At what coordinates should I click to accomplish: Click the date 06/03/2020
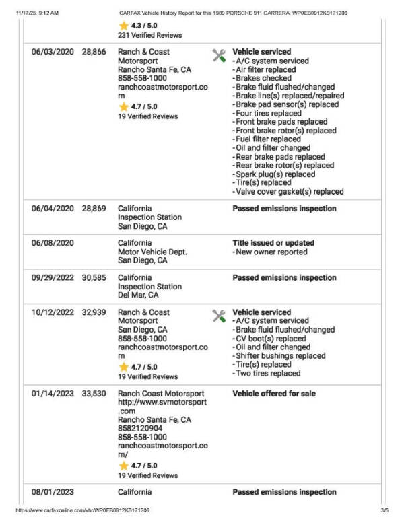tap(53, 52)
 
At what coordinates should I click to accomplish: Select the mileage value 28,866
tap(94, 52)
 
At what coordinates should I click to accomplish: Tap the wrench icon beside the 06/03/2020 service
tap(219, 55)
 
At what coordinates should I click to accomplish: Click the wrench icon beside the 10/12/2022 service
tap(219, 316)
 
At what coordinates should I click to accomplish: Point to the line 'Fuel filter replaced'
tap(267, 139)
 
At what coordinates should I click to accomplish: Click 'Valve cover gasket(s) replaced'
tap(279, 192)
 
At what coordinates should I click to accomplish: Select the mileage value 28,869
tap(94, 209)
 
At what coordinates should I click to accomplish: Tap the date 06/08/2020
tap(53, 243)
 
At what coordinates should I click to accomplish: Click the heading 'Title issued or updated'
tap(273, 243)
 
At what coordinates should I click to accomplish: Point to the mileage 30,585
tap(94, 277)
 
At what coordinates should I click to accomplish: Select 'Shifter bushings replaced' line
tap(275, 356)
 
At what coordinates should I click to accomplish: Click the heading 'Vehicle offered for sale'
tap(274, 394)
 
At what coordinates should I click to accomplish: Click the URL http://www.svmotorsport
tap(162, 402)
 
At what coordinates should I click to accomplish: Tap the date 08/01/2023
tap(53, 493)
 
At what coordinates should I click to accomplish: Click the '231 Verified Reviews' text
tap(147, 35)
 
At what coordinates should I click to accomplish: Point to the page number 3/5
tap(384, 511)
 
